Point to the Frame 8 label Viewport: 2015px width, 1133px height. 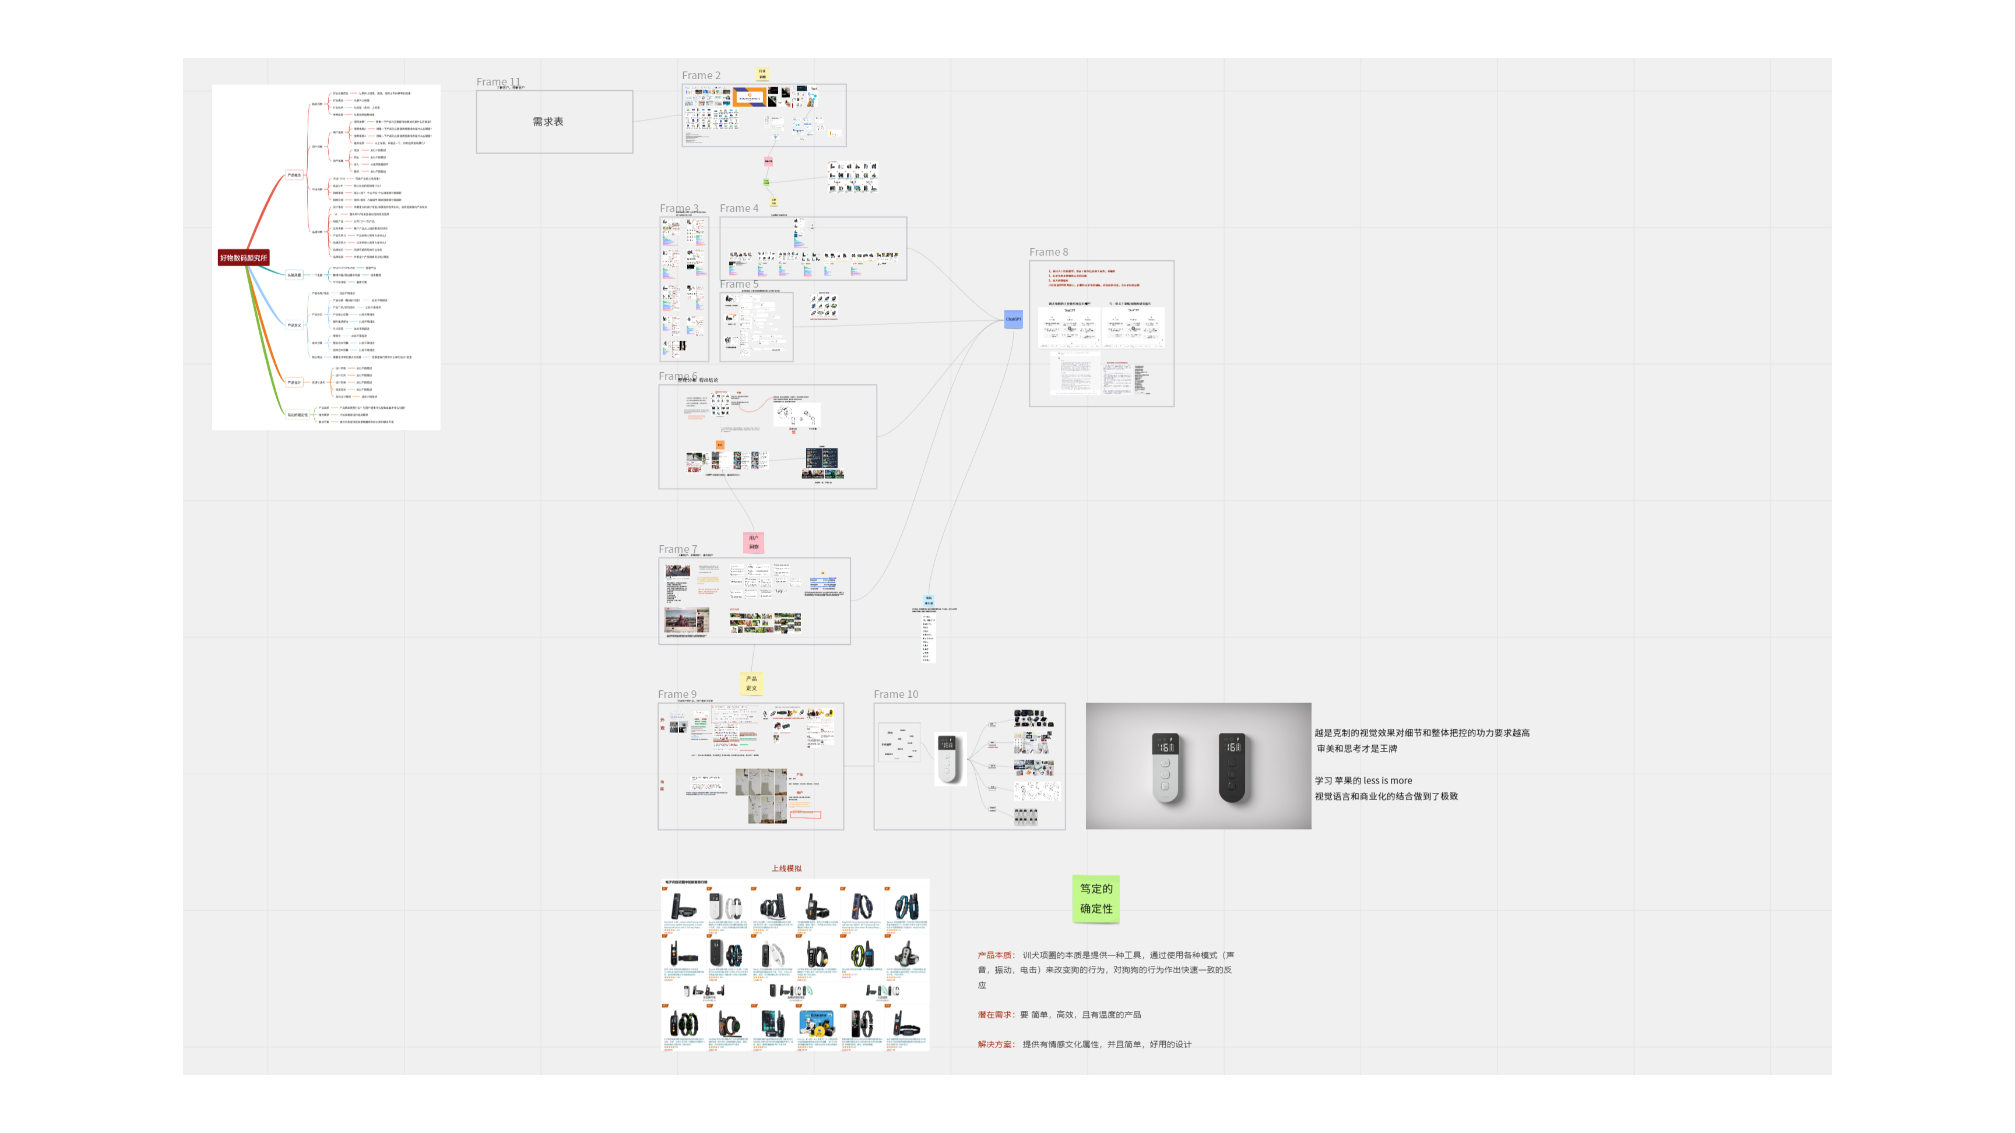pyautogui.click(x=1048, y=252)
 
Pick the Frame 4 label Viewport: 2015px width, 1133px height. pyautogui.click(x=738, y=208)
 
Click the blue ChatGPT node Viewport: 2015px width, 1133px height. pyautogui.click(x=1013, y=319)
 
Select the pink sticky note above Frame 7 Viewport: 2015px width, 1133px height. pyautogui.click(x=753, y=542)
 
